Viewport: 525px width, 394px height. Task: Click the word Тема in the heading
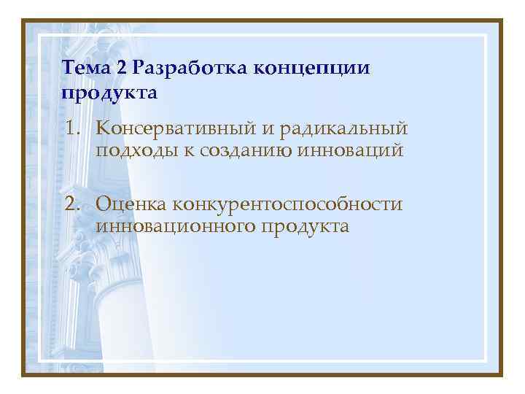(x=85, y=69)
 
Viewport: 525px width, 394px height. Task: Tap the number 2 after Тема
(x=120, y=69)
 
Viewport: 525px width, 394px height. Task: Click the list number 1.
(x=70, y=130)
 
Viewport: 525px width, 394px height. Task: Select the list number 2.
(x=70, y=204)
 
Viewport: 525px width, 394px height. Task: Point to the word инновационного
(x=174, y=227)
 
